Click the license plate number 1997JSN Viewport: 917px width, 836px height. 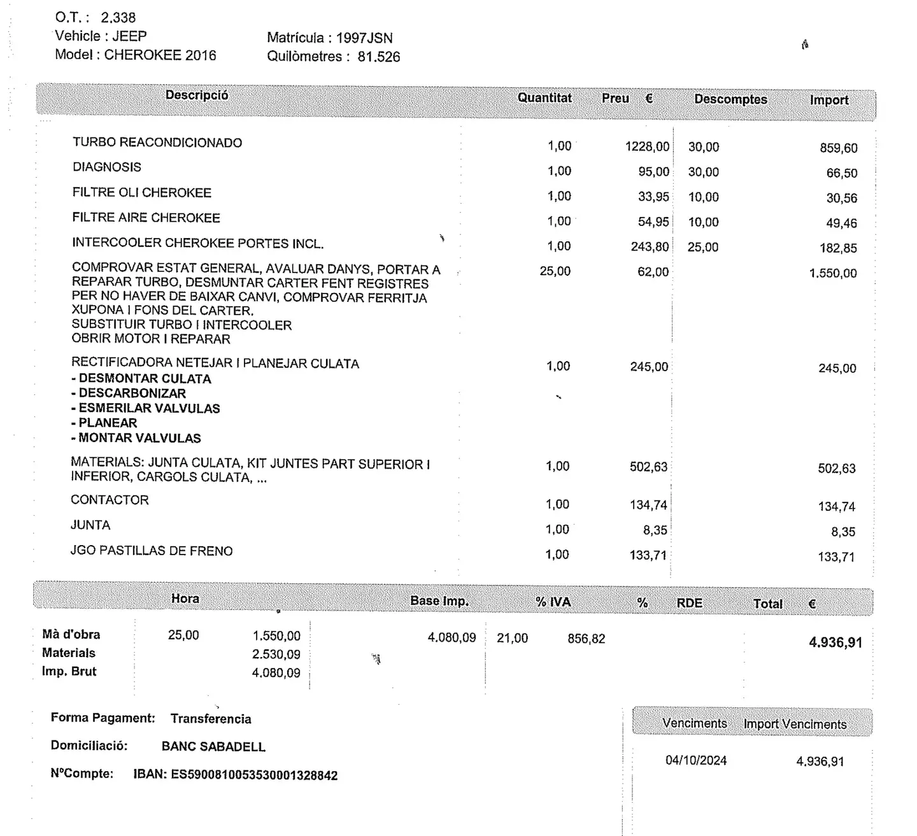364,38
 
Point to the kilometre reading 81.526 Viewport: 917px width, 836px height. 378,57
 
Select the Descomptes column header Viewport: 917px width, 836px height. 730,99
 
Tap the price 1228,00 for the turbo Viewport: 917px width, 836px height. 647,147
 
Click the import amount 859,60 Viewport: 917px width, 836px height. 838,148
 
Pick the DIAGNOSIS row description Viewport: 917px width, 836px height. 107,167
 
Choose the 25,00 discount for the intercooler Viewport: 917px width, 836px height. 702,247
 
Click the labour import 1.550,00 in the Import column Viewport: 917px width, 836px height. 832,273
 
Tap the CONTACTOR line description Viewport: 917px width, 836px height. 110,500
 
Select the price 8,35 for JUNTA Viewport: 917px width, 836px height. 655,530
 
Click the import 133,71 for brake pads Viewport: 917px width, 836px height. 835,557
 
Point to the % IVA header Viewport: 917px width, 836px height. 553,602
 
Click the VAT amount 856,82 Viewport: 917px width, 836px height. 586,639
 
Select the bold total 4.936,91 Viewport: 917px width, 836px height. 835,642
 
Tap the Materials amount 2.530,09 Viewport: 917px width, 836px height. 276,655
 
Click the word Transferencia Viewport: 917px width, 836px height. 211,719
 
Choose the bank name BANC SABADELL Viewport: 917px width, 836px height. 213,747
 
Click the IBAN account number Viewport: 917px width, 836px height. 253,776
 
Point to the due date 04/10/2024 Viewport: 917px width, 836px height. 695,761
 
